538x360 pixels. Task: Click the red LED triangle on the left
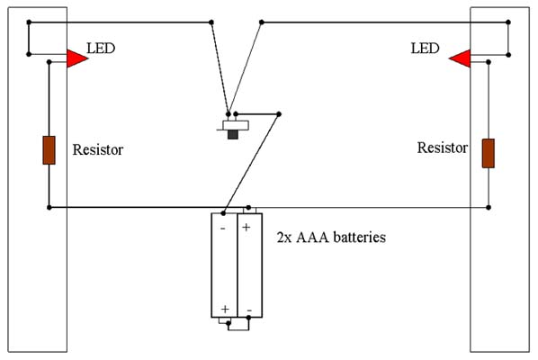76,58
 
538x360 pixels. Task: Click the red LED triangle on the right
461,58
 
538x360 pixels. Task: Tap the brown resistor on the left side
49,150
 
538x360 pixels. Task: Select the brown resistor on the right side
489,153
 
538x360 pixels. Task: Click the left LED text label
101,48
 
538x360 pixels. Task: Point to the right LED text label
426,48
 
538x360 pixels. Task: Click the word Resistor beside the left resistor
98,149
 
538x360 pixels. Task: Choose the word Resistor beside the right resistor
443,148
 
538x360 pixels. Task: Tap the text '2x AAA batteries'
331,237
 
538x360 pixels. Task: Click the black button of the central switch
233,134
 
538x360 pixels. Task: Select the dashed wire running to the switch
220,68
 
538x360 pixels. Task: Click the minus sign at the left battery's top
223,229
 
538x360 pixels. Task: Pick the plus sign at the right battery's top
246,227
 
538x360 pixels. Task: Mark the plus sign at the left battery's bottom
225,310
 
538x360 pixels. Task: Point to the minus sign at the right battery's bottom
249,310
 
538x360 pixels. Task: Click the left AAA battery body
224,265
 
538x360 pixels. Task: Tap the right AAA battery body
250,265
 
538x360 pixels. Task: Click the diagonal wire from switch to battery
251,164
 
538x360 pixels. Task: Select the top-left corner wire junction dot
29,22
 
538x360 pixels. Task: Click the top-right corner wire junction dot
508,22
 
